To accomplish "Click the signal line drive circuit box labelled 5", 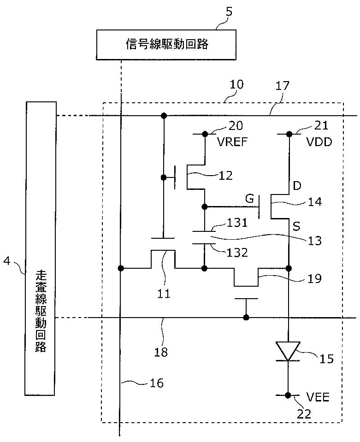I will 166,44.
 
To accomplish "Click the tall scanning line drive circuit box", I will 41,248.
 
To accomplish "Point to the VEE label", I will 318,397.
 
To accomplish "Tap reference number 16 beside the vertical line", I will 157,383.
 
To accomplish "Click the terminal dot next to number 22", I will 288,395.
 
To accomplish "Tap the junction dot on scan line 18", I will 247,318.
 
